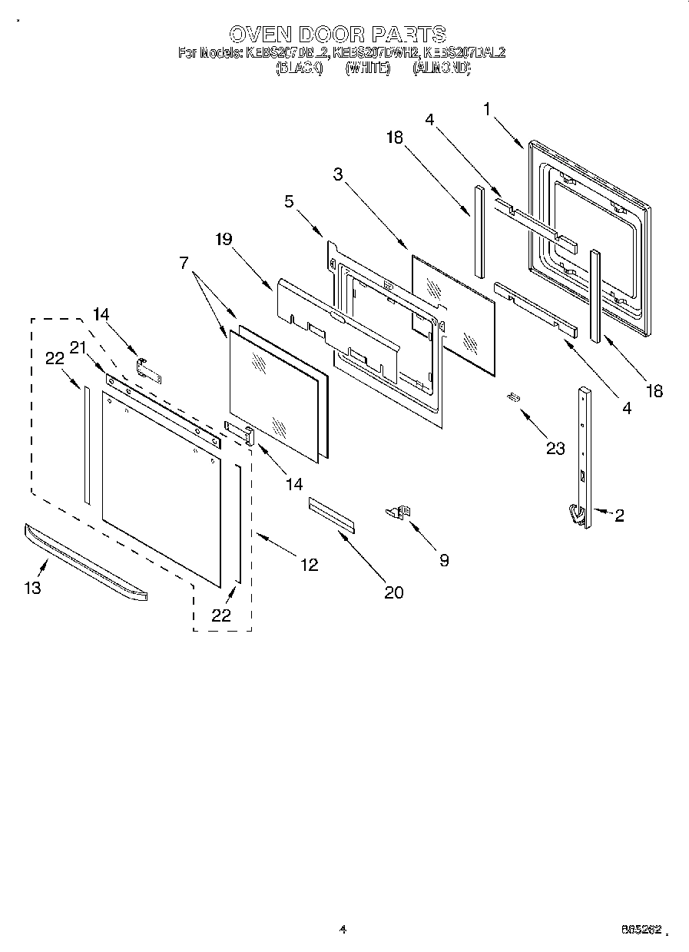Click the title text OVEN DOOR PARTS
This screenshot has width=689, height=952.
pos(338,34)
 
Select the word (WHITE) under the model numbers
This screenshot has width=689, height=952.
pos(368,68)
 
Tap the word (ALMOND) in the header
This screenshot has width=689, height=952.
pos(441,68)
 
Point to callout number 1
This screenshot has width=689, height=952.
pos(486,109)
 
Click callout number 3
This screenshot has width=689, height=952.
pos(338,174)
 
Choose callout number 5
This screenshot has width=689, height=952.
pos(288,203)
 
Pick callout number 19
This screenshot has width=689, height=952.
pos(223,239)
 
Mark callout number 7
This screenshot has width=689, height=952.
pos(184,263)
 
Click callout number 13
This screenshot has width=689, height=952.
pos(32,588)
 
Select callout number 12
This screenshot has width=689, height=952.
pos(309,565)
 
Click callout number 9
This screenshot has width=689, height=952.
pos(443,560)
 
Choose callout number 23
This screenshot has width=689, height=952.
pos(555,448)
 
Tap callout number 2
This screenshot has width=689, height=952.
pos(619,516)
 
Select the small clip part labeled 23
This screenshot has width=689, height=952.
pos(512,396)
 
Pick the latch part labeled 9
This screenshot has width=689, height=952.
pos(399,512)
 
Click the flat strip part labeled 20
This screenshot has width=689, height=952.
pos(332,513)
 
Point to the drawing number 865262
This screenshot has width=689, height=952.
pos(641,930)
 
